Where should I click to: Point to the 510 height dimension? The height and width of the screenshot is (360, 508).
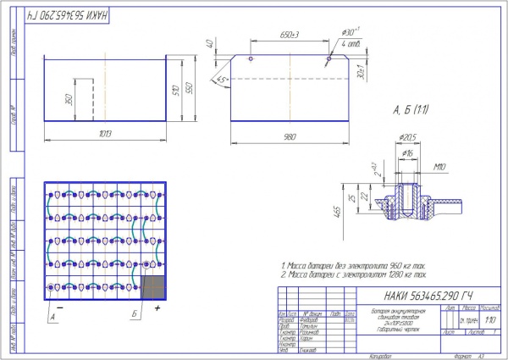[176, 89]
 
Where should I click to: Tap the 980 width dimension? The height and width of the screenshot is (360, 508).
[290, 138]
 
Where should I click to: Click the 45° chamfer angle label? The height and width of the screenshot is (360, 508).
[222, 79]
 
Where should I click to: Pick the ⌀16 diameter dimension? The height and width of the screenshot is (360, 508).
[408, 152]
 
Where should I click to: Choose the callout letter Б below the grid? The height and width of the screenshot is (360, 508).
[135, 316]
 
